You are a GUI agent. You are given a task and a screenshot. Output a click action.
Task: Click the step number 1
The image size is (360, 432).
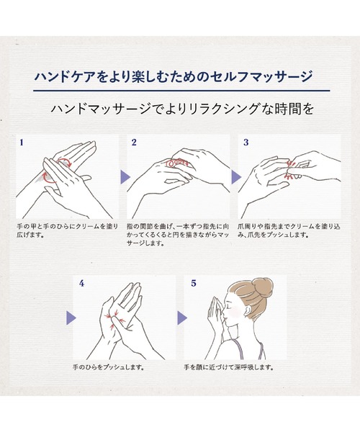[x=22, y=143]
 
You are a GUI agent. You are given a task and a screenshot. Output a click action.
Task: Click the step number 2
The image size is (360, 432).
[x=134, y=143]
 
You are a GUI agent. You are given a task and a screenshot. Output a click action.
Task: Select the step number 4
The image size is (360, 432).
[x=81, y=284]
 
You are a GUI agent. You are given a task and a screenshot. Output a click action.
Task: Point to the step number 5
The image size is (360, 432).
[x=193, y=284]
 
